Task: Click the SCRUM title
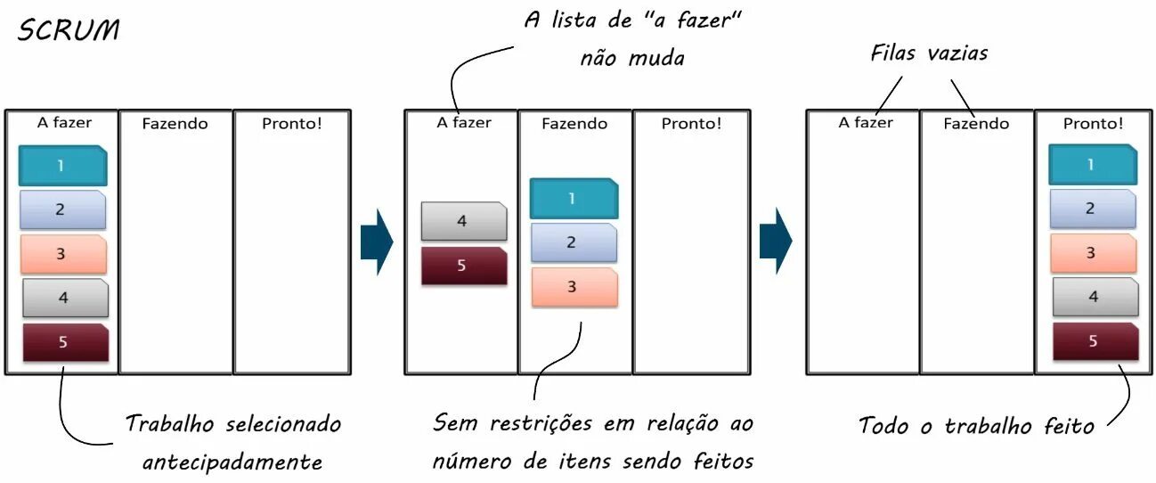pyautogui.click(x=68, y=30)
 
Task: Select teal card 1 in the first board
pyautogui.click(x=62, y=166)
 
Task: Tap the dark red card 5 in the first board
pyautogui.click(x=64, y=342)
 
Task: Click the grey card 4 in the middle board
pyautogui.click(x=463, y=221)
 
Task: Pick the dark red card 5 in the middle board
pyautogui.click(x=463, y=266)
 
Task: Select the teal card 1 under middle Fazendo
pyautogui.click(x=574, y=199)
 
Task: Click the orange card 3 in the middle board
pyautogui.click(x=574, y=287)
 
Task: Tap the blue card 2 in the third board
pyautogui.click(x=1092, y=209)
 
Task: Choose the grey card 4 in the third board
pyautogui.click(x=1095, y=298)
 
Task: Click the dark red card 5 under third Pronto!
pyautogui.click(x=1095, y=341)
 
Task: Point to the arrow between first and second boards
pyautogui.click(x=377, y=242)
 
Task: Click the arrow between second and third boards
pyautogui.click(x=776, y=241)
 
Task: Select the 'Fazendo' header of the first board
pyautogui.click(x=175, y=124)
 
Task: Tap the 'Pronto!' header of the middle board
pyautogui.click(x=691, y=124)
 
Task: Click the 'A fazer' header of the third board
pyautogui.click(x=865, y=123)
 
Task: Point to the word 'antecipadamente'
pyautogui.click(x=232, y=463)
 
